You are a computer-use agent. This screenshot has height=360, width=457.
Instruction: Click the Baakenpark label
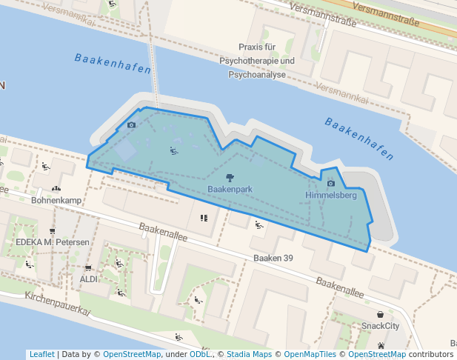[230, 190]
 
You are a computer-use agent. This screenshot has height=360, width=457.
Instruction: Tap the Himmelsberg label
[331, 196]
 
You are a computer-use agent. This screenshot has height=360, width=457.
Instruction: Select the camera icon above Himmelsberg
[330, 183]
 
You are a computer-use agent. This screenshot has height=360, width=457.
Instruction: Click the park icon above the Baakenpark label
[230, 177]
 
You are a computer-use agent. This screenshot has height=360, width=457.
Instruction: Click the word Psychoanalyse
[261, 74]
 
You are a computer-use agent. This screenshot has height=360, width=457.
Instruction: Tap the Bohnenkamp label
[55, 200]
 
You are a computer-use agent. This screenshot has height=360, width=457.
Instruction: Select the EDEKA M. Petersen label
[52, 242]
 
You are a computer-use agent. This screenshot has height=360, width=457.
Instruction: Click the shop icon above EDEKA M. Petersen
[52, 231]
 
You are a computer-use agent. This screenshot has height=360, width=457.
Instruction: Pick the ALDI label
[89, 279]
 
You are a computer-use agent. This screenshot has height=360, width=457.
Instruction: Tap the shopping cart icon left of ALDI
[88, 267]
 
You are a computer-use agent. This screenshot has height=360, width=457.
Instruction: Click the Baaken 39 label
[274, 259]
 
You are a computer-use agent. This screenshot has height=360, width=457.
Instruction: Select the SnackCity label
[380, 325]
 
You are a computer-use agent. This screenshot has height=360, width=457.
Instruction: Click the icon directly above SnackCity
[380, 314]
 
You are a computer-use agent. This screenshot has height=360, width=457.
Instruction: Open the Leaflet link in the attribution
[41, 354]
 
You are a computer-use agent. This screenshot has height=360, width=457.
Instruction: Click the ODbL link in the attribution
[200, 354]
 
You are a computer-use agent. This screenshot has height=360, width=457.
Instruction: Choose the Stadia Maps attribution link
[249, 354]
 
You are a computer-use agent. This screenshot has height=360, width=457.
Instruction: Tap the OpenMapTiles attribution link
[311, 354]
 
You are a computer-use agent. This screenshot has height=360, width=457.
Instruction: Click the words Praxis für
[261, 47]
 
